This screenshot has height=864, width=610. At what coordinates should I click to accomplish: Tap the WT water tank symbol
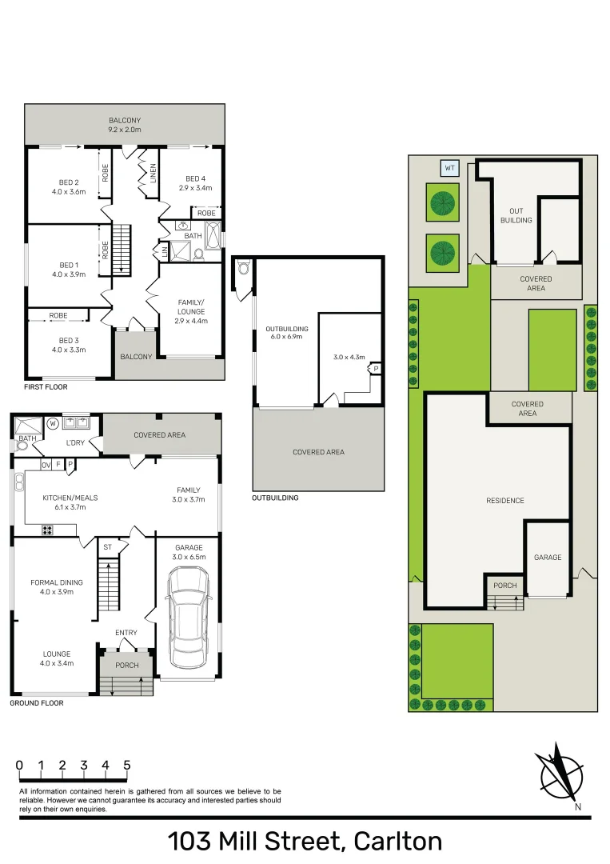pyautogui.click(x=449, y=168)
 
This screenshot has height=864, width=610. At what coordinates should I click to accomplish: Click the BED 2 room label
pyautogui.click(x=68, y=182)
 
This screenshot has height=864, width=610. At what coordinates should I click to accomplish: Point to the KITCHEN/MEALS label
pyautogui.click(x=70, y=498)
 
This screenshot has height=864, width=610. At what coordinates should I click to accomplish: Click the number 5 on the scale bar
pyautogui.click(x=127, y=766)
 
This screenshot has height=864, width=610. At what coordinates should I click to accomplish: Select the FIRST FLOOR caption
pyautogui.click(x=46, y=387)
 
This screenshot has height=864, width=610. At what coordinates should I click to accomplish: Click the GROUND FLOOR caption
pyautogui.click(x=37, y=703)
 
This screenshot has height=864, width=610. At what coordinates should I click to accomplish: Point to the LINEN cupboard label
pyautogui.click(x=152, y=174)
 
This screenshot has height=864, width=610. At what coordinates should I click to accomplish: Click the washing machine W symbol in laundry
pyautogui.click(x=53, y=422)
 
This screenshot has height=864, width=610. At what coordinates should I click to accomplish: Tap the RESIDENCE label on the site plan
pyautogui.click(x=505, y=501)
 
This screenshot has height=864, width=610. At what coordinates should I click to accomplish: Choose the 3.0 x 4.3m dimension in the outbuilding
pyautogui.click(x=349, y=357)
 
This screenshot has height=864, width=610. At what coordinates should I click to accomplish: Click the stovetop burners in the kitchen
pyautogui.click(x=46, y=530)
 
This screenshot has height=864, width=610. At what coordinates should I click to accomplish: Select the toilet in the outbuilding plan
pyautogui.click(x=243, y=269)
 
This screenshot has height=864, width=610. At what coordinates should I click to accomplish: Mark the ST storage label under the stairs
pyautogui.click(x=106, y=547)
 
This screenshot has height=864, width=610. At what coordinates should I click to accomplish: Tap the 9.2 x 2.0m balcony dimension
pyautogui.click(x=125, y=129)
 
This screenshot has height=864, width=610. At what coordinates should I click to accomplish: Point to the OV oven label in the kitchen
pyautogui.click(x=46, y=465)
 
